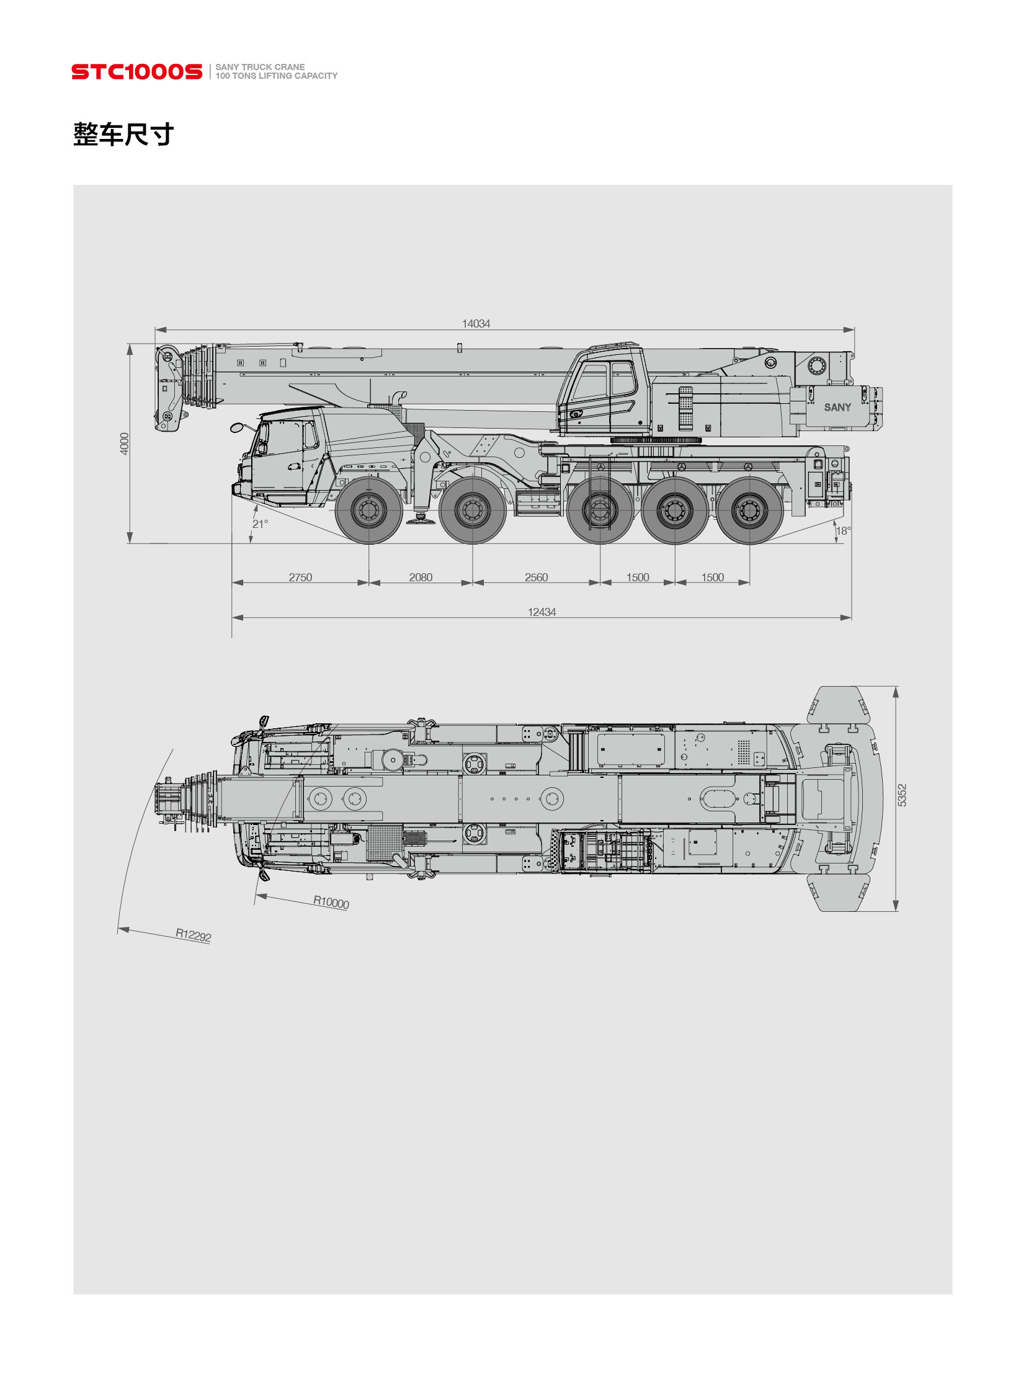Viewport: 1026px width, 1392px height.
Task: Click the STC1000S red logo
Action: tap(136, 71)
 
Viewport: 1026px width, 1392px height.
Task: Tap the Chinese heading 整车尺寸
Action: tap(123, 134)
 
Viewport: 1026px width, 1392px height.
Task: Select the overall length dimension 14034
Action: tap(476, 324)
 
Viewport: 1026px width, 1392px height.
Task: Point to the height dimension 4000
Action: tap(124, 444)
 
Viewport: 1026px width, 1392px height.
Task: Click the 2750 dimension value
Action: tap(300, 577)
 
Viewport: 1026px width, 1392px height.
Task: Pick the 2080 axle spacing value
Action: tap(421, 577)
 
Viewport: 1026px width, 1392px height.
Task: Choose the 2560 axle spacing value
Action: tap(536, 577)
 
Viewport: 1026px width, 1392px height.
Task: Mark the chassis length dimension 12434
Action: tap(542, 612)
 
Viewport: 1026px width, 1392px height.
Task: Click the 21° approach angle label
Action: tap(261, 524)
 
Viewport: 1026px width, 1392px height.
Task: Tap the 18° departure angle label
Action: tap(844, 530)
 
